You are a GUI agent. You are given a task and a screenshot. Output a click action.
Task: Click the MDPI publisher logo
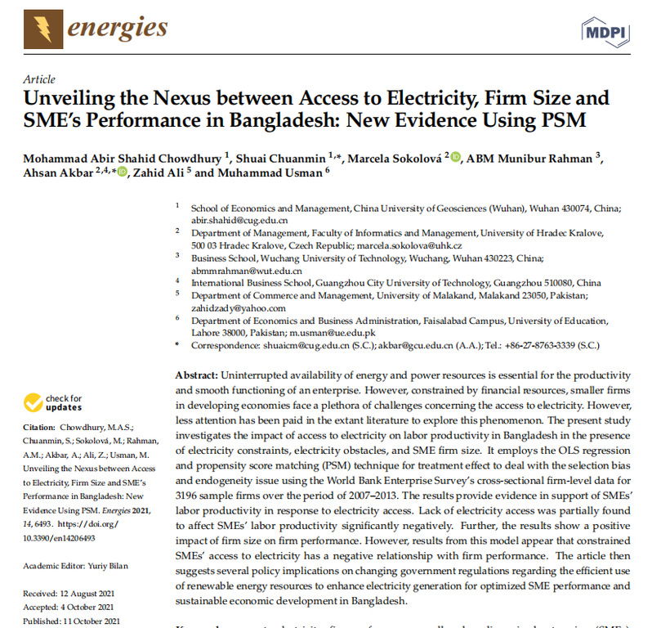(x=605, y=32)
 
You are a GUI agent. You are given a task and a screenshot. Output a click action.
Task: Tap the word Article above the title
(x=39, y=79)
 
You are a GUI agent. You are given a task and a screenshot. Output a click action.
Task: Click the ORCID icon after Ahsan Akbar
(x=123, y=172)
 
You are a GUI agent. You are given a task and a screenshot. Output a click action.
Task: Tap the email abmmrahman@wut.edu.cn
(x=247, y=271)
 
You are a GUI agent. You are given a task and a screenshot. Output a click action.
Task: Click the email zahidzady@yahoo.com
(x=239, y=308)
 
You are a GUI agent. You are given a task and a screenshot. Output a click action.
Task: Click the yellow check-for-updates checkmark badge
(x=33, y=401)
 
